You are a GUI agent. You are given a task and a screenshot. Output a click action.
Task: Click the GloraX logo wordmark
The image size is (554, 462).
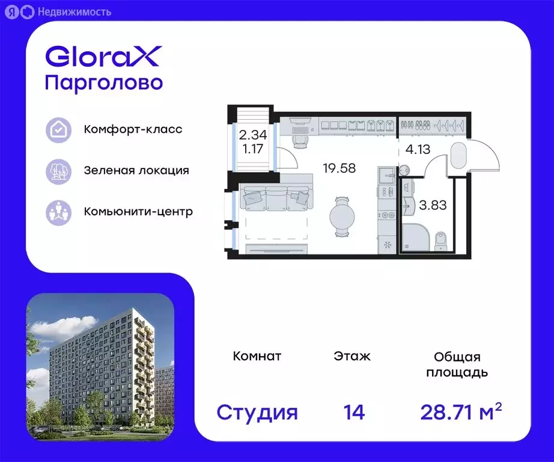pos(103,57)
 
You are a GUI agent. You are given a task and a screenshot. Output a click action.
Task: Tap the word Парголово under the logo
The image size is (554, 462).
pos(104,84)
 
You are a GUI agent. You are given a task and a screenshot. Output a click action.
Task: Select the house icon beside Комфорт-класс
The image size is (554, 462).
pos(59,130)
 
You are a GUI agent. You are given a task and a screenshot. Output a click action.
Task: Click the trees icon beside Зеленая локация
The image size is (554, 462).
pos(59,171)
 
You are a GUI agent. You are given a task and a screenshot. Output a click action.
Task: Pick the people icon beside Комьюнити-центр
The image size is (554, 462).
pos(59,212)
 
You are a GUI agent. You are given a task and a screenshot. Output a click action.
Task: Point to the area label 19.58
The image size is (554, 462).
pos(339,168)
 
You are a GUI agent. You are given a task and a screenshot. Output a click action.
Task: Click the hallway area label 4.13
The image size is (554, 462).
pos(418,149)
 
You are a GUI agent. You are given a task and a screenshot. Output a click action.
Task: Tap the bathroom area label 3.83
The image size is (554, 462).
pos(433,205)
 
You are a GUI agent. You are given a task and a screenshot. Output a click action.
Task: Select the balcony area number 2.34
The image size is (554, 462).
pos(252,135)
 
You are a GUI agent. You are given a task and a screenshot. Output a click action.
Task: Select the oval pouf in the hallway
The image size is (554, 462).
pos(458,154)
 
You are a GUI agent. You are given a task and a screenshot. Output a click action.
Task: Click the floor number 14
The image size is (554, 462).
pos(354,412)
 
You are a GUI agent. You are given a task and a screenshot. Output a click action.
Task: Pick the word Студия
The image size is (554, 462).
pos(257,413)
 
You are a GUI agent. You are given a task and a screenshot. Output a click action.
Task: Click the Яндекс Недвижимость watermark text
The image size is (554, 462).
pos(75,13)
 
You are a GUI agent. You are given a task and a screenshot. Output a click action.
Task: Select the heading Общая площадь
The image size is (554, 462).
pos(457,365)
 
